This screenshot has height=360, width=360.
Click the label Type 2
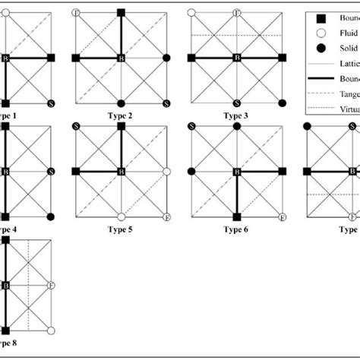(x=122, y=115)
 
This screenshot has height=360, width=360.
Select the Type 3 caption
(x=237, y=115)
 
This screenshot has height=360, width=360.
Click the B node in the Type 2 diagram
(x=121, y=58)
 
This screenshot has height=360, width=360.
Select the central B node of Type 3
(x=237, y=58)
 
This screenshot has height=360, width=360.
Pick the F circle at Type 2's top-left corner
(x=75, y=13)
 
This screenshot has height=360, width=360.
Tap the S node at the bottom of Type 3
(x=237, y=103)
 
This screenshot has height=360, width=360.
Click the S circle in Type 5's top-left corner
(x=75, y=126)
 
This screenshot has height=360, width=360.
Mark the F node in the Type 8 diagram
(x=51, y=286)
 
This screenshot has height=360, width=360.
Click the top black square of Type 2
(x=121, y=13)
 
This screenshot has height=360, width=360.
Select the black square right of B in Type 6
(x=283, y=172)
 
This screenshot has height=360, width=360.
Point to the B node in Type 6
(x=237, y=172)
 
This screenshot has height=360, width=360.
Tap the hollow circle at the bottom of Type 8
(x=51, y=331)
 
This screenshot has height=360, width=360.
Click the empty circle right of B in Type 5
(x=166, y=172)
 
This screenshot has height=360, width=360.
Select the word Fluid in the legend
(x=346, y=33)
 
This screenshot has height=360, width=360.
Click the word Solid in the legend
(x=346, y=48)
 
